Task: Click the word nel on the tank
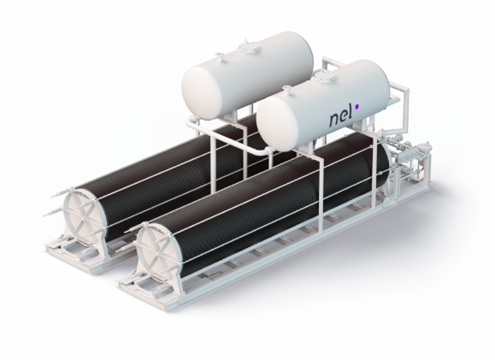click(341, 120)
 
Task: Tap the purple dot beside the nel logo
click(357, 107)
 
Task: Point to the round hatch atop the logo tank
click(322, 76)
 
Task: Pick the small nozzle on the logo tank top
click(287, 90)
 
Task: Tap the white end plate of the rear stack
click(81, 215)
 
